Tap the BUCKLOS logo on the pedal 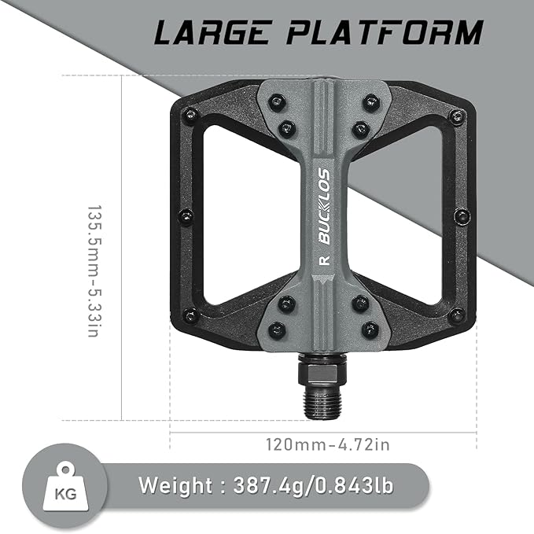tap(322, 206)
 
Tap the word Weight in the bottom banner tap(176, 484)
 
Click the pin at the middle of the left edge tap(186, 215)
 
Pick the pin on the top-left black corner tap(189, 116)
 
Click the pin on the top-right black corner tap(457, 116)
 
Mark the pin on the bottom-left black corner tap(189, 315)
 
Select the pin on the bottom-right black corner tap(457, 315)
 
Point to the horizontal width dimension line tap(236, 431)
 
